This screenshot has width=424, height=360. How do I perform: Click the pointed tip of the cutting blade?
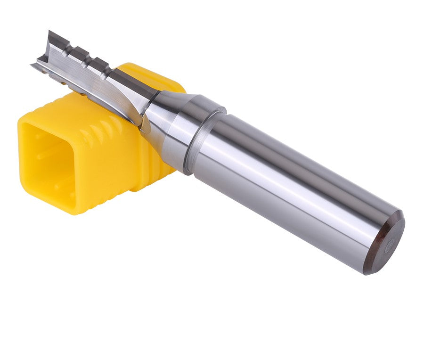[50, 33]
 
